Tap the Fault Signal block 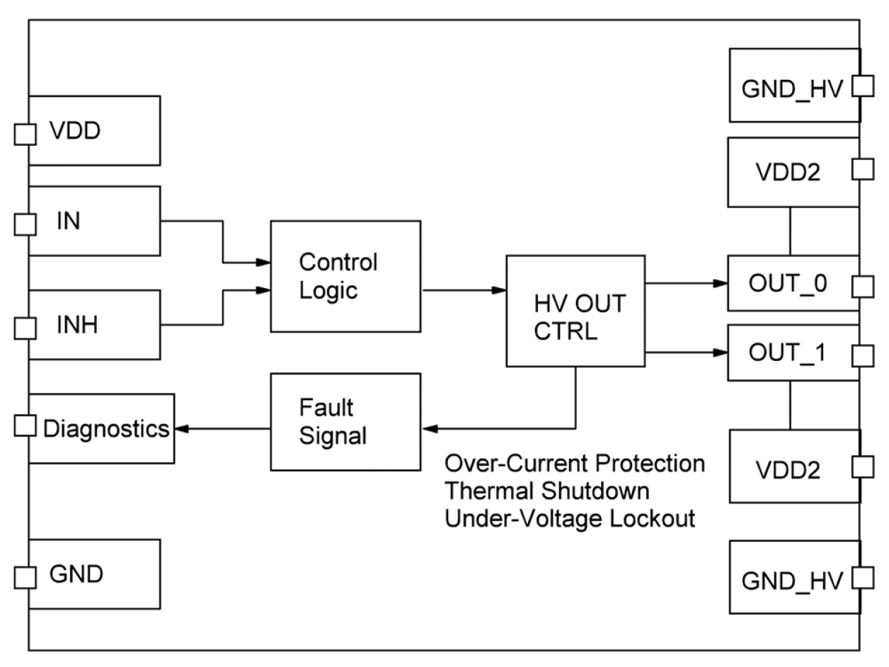pyautogui.click(x=345, y=421)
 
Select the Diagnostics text pyautogui.click(x=106, y=428)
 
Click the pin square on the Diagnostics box pyautogui.click(x=25, y=425)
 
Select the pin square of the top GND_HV pyautogui.click(x=862, y=86)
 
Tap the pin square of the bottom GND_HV pyautogui.click(x=862, y=578)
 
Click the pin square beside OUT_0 pyautogui.click(x=862, y=285)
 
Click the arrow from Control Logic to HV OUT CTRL pyautogui.click(x=464, y=290)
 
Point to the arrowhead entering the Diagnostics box pyautogui.click(x=182, y=429)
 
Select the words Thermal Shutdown pyautogui.click(x=547, y=491)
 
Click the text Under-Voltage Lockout pyautogui.click(x=570, y=518)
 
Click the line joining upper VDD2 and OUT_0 pyautogui.click(x=790, y=231)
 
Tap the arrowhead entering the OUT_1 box pyautogui.click(x=721, y=352)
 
